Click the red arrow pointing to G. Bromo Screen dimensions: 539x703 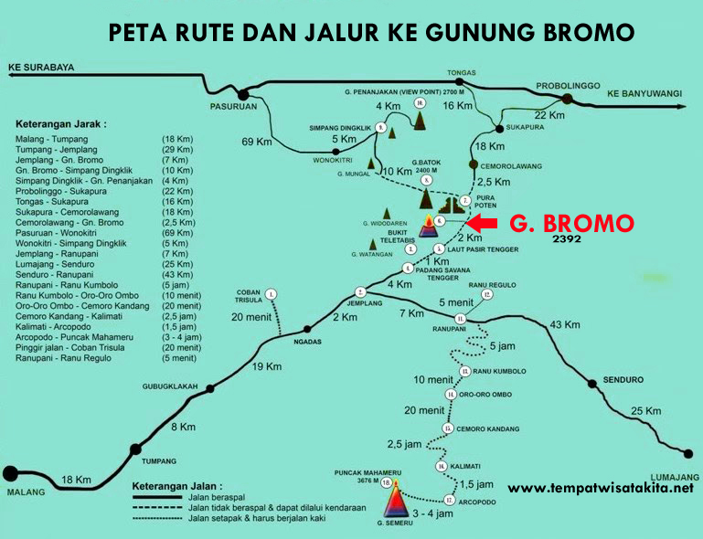482,222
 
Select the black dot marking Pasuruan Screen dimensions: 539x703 243,94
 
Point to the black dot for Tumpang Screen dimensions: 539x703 136,449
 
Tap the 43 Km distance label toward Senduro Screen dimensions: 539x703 564,324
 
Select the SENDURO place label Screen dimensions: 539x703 623,379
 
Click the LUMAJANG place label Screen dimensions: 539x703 675,477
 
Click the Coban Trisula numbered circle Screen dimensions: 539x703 271,294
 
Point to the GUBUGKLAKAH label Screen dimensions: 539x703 170,386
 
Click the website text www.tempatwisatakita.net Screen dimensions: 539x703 601,488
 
